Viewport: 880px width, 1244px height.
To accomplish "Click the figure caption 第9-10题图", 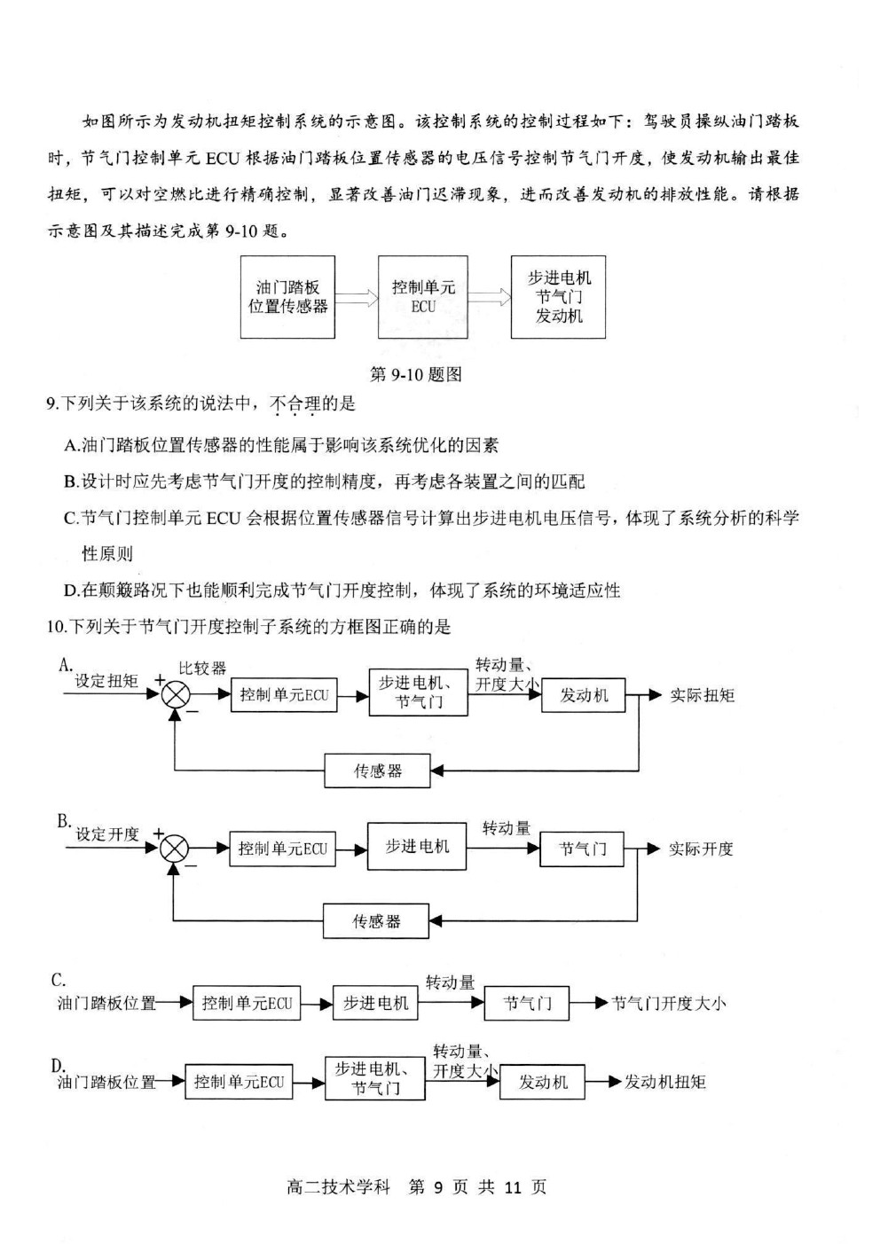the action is (415, 374).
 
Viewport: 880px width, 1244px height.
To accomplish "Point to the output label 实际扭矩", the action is (703, 695).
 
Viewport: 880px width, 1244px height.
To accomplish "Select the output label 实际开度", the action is (701, 849).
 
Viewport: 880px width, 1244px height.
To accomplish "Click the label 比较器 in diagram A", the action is (202, 668).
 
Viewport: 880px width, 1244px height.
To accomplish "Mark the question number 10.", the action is (54, 627).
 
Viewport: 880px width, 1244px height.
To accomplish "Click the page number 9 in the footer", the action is (438, 1186).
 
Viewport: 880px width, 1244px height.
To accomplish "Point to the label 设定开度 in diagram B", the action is (107, 833).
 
